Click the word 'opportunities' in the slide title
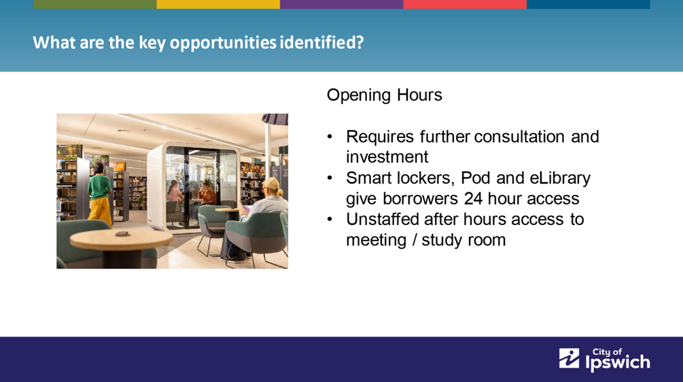click(x=223, y=43)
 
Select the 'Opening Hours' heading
click(x=384, y=95)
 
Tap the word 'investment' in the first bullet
click(x=387, y=157)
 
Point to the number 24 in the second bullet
click(x=473, y=198)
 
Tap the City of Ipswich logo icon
click(x=570, y=358)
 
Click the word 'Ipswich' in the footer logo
click(x=618, y=363)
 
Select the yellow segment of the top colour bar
click(x=218, y=4)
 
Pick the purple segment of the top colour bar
click(x=341, y=4)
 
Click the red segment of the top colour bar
click(x=465, y=4)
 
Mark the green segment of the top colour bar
click(x=95, y=4)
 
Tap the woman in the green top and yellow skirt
click(x=100, y=194)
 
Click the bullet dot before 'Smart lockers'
click(x=330, y=178)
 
